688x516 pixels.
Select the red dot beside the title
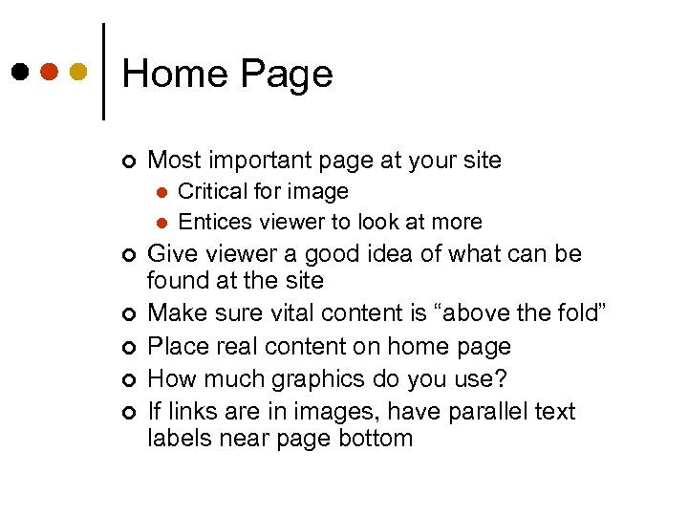pos(49,73)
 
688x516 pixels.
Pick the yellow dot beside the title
pos(78,73)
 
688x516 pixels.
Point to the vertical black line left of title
pos(103,72)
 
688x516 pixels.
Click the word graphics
pos(311,378)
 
